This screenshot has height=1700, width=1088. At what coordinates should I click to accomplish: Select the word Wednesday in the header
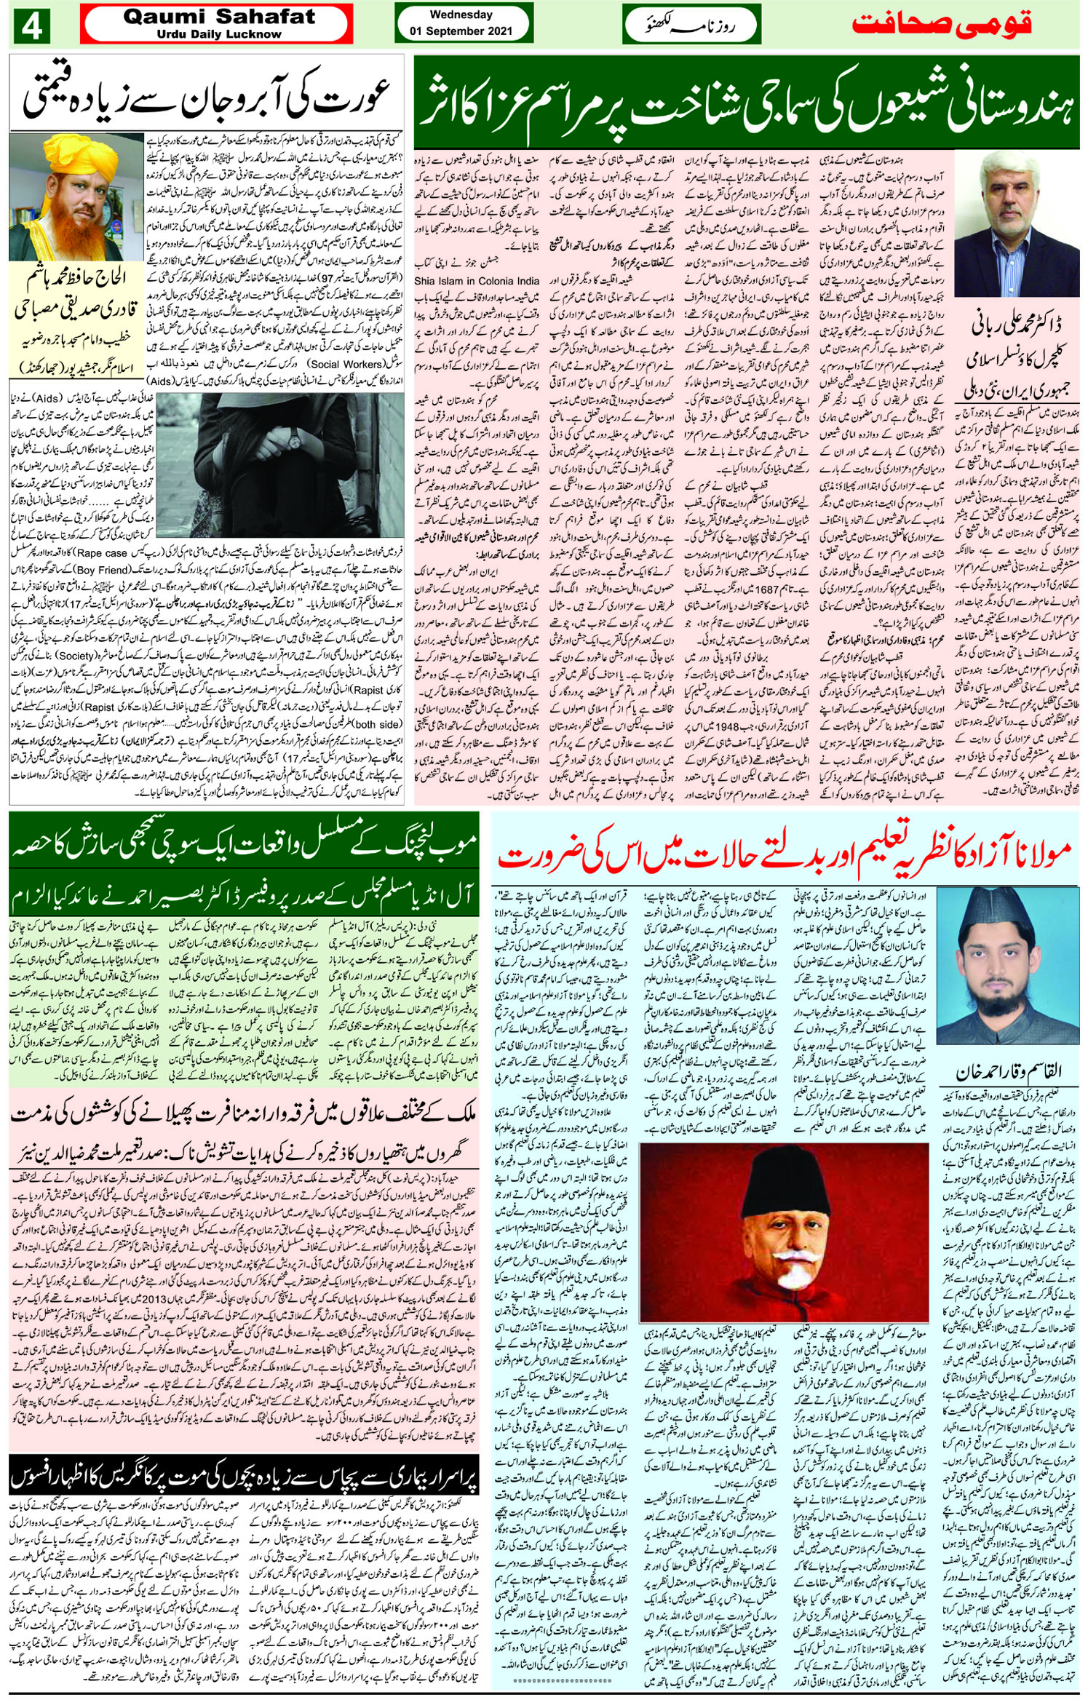pyautogui.click(x=461, y=15)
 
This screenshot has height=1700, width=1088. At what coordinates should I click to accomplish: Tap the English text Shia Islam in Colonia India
pyautogui.click(x=477, y=281)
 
